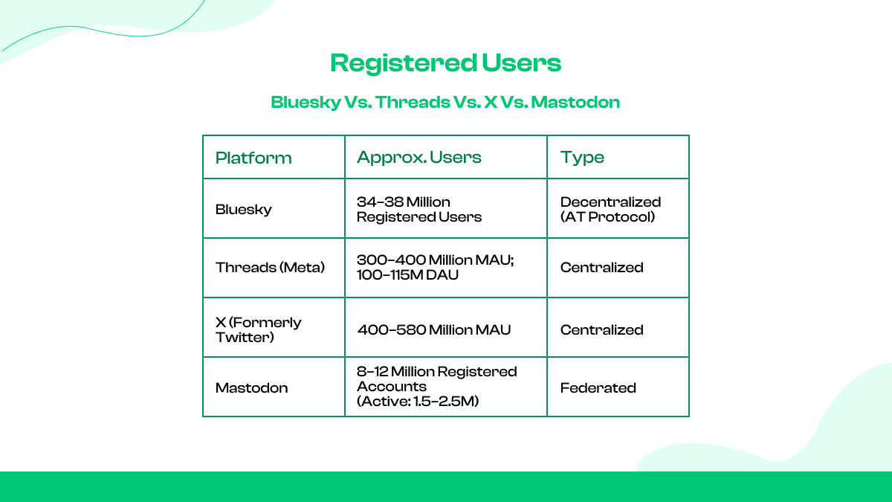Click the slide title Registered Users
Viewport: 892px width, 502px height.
click(445, 63)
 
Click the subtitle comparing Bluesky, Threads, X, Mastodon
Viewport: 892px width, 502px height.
click(445, 102)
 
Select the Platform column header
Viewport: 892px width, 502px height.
click(253, 158)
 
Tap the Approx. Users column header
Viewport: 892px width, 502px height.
click(419, 157)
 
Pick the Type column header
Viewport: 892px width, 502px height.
click(582, 157)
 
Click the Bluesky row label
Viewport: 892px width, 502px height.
click(244, 209)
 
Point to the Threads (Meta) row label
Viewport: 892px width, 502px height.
click(270, 267)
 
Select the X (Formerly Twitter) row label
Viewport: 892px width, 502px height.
click(258, 329)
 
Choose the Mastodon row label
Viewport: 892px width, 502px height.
click(251, 387)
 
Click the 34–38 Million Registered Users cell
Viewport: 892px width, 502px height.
click(419, 209)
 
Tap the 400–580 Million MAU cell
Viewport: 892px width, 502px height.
click(434, 329)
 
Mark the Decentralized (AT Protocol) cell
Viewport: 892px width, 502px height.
click(610, 209)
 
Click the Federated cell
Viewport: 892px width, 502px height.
click(598, 387)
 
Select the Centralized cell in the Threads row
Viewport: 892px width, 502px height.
click(601, 267)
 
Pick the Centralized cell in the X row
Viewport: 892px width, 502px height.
click(601, 329)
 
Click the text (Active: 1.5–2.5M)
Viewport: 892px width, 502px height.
click(417, 402)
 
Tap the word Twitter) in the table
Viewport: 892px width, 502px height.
click(244, 337)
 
